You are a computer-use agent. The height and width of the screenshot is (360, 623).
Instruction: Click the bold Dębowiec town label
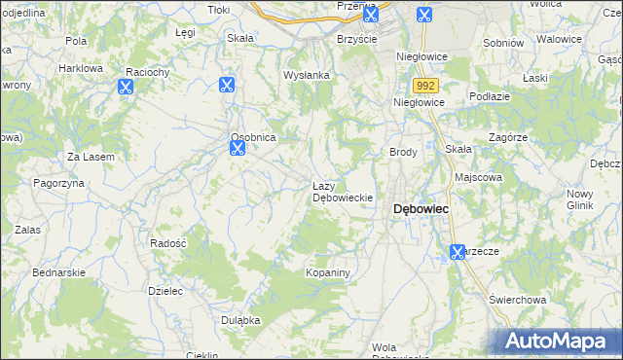click(x=420, y=209)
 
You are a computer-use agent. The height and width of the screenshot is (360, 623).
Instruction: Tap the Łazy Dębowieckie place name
click(x=343, y=192)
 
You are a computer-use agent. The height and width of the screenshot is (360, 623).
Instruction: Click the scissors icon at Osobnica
click(x=237, y=148)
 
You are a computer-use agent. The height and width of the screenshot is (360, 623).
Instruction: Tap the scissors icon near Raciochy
click(x=126, y=86)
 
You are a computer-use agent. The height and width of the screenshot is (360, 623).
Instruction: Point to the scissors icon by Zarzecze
click(x=458, y=253)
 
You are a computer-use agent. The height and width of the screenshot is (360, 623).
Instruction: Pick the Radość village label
click(x=168, y=242)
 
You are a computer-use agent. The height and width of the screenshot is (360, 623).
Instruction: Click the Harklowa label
click(x=81, y=68)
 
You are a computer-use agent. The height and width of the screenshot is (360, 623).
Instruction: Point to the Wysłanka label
click(x=307, y=75)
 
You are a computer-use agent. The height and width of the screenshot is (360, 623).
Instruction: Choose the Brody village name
click(x=403, y=153)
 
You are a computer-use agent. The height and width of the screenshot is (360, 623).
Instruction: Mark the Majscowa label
click(x=478, y=177)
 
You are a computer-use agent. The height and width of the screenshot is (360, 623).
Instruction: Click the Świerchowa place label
click(x=515, y=300)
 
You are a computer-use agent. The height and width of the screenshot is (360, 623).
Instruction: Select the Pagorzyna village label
click(x=61, y=183)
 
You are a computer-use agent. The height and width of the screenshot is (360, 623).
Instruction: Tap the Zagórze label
click(x=508, y=138)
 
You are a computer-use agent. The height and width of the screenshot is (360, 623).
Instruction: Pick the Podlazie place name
click(x=491, y=95)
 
